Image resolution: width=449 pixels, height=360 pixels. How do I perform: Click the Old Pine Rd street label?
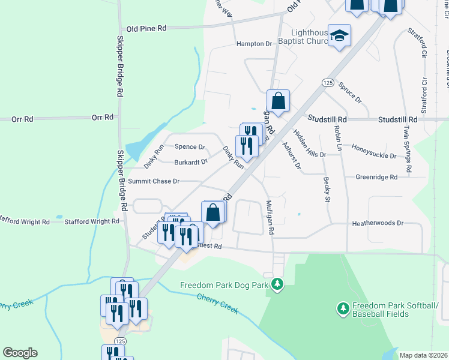(146, 28)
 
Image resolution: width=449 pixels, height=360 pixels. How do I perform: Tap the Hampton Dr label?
(254, 44)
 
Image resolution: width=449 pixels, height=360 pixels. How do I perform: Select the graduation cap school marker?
(340, 36)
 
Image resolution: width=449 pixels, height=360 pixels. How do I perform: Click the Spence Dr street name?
(190, 146)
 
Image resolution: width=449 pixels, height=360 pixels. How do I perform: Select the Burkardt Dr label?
(191, 161)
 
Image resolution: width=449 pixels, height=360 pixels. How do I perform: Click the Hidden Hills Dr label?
(310, 143)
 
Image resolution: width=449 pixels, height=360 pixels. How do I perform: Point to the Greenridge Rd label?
(376, 177)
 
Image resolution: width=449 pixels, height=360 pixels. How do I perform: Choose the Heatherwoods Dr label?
(378, 223)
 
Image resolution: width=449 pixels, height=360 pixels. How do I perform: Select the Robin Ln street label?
(337, 138)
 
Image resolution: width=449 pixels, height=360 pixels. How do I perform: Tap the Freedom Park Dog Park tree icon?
(277, 283)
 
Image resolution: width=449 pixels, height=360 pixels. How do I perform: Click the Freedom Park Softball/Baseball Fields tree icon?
(343, 308)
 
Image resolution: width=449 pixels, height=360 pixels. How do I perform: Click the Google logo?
(20, 352)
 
